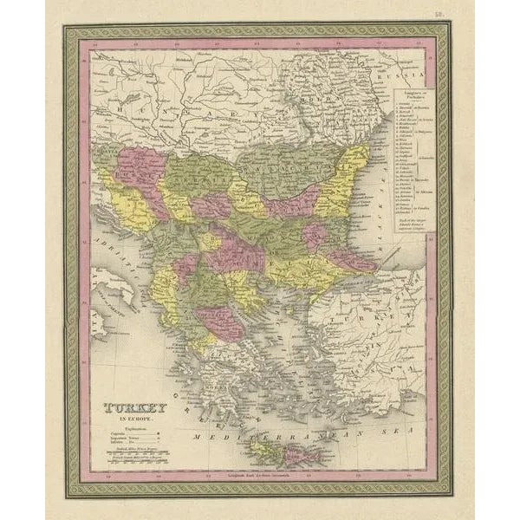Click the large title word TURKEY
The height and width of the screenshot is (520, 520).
pos(135,407)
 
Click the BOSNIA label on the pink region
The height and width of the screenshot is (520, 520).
pos(139,169)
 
